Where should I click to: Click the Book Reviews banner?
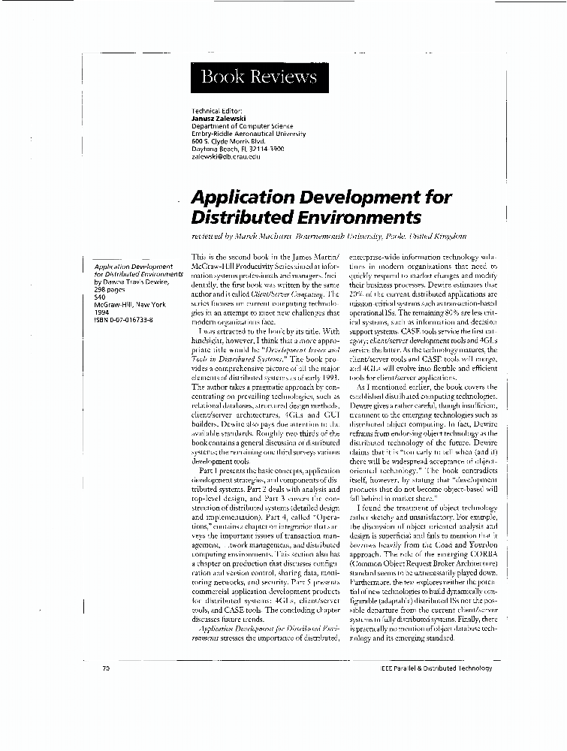pos(259,77)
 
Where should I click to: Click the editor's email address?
pos(226,156)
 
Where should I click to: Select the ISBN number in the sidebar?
pos(123,319)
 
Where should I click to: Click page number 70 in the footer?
pos(106,668)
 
